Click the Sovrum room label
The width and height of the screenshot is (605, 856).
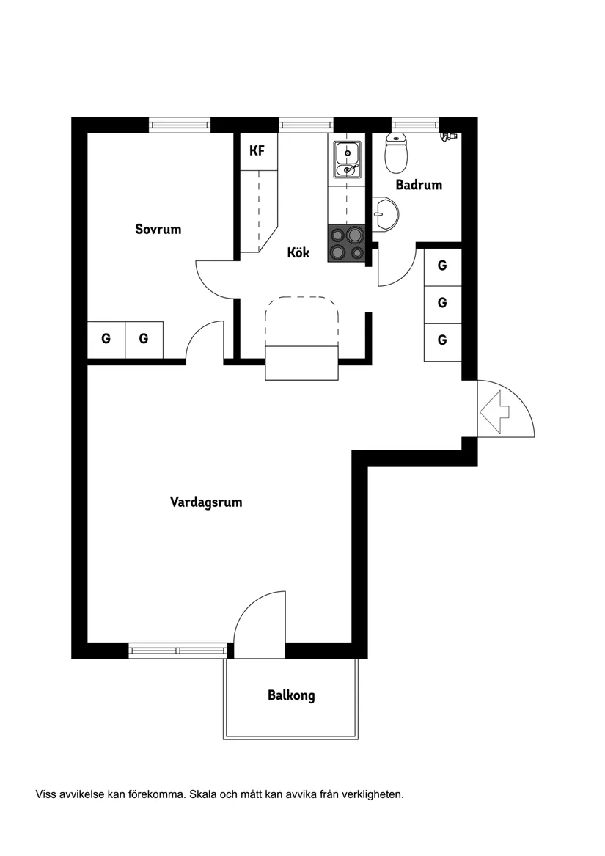click(158, 229)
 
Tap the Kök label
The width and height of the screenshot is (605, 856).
click(298, 252)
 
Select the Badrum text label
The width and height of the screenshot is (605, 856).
click(419, 185)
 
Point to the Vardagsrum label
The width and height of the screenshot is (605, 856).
click(206, 502)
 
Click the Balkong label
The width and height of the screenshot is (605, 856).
click(291, 695)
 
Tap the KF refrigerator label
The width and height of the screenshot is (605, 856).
click(257, 150)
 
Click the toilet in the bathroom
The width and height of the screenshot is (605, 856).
click(397, 153)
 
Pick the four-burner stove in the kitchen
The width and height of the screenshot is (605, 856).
click(347, 244)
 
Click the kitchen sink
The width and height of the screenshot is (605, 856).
click(348, 159)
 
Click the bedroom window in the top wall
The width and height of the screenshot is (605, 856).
click(180, 125)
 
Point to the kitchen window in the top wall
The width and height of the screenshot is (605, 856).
click(306, 125)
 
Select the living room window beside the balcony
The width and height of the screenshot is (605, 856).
click(178, 650)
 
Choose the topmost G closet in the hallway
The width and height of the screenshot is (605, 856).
click(443, 266)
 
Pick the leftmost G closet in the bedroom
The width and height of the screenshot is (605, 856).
click(106, 340)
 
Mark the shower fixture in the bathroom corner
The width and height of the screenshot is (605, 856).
click(449, 136)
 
